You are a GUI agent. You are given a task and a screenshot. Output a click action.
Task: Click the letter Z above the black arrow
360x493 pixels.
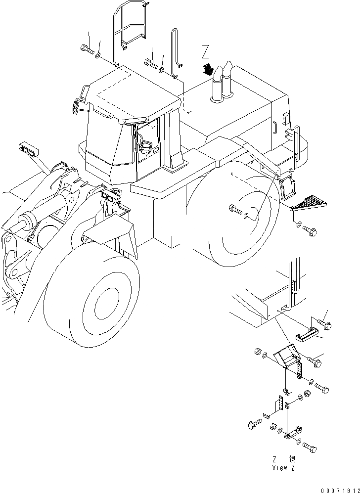click(x=206, y=51)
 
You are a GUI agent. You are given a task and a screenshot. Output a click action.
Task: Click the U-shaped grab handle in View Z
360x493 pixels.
click(x=307, y=337)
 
